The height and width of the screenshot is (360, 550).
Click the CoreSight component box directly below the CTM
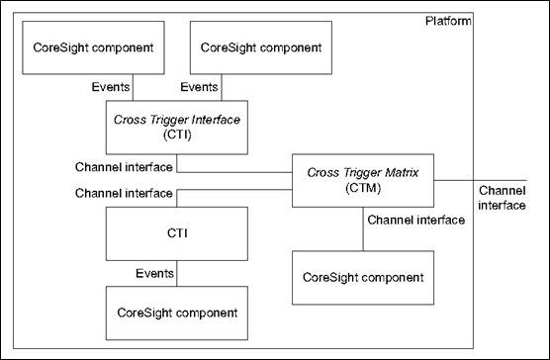click(362, 278)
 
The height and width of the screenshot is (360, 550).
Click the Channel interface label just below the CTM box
click(415, 220)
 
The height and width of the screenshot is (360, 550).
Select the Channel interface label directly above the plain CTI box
click(124, 193)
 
